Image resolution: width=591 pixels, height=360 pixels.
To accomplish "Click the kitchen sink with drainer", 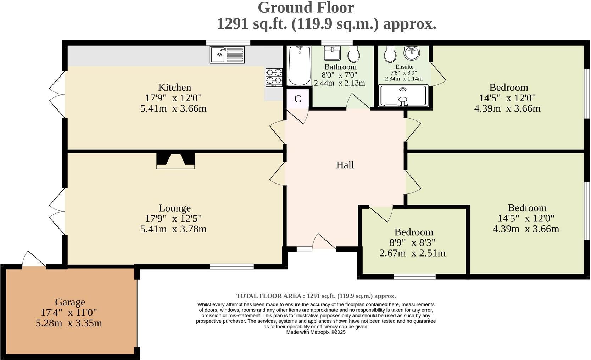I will tap(227, 55).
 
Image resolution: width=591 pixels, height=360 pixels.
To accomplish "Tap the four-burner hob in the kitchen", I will tap(274, 77).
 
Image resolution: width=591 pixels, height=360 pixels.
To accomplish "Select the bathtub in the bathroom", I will tap(300, 66).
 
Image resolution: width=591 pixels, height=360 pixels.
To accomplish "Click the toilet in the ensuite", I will tap(390, 54).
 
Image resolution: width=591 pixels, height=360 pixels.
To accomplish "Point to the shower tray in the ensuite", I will tap(403, 96).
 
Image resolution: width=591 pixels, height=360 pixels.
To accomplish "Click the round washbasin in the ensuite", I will tap(412, 53).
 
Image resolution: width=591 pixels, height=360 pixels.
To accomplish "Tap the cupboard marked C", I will tap(298, 99).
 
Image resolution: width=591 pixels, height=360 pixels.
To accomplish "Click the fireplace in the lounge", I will tap(175, 160).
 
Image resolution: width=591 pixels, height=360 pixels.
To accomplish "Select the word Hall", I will tap(345, 165).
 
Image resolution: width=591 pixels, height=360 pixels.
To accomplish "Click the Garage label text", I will tap(70, 302).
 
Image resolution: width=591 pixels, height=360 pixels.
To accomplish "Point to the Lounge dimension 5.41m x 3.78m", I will tap(173, 229).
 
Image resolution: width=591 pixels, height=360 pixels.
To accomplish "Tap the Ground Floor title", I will tap(306, 8).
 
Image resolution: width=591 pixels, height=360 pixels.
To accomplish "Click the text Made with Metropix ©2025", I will tap(316, 332).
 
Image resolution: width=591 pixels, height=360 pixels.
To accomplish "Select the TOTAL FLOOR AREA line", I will tap(316, 296).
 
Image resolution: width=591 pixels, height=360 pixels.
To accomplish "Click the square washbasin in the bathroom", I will tap(332, 54).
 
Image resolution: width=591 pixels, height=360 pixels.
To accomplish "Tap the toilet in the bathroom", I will tap(353, 54).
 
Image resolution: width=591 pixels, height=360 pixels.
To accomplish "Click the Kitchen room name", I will tap(174, 88).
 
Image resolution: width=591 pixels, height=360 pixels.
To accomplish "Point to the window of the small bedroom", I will tap(414, 276).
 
